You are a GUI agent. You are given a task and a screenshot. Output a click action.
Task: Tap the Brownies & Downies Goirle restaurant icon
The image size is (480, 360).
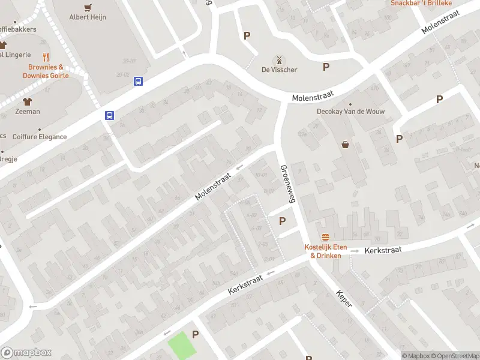[x=46, y=59]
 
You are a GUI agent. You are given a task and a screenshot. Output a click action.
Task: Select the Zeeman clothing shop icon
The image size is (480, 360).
[x=27, y=101]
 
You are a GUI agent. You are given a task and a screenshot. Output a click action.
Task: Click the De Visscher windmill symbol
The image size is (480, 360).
[x=278, y=60]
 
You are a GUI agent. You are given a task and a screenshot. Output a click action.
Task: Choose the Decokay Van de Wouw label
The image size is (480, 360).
[x=350, y=112]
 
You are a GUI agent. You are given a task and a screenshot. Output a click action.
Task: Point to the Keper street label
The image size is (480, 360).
[x=344, y=299]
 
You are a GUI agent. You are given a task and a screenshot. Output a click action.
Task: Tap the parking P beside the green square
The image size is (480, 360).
[x=195, y=334]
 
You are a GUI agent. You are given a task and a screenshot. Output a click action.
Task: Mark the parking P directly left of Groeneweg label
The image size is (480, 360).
[x=282, y=221]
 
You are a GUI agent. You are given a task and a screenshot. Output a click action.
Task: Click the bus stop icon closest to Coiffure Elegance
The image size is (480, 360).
[x=110, y=116]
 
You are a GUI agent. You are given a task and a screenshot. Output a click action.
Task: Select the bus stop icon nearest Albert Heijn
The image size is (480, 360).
[x=138, y=81]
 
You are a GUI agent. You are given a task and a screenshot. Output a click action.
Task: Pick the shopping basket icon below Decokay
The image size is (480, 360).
[x=346, y=144]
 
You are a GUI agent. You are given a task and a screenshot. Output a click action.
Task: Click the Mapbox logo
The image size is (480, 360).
[x=26, y=353]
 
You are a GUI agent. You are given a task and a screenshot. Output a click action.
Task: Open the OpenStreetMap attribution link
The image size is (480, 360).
[x=454, y=356]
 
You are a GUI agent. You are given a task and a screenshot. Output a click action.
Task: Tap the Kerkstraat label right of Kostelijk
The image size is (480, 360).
[x=382, y=248]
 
